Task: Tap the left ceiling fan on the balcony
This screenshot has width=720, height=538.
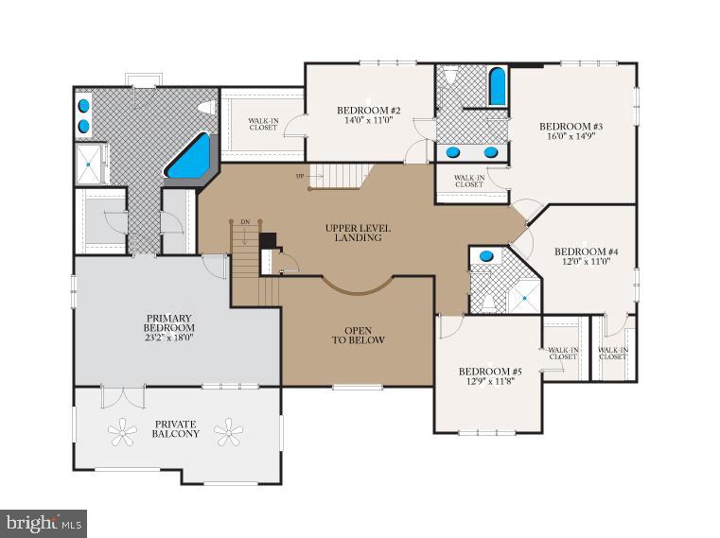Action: click(122, 433)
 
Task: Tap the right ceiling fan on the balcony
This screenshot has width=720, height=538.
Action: click(228, 433)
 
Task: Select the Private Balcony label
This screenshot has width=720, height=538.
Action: click(176, 428)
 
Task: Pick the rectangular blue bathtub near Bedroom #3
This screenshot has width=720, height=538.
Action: click(497, 86)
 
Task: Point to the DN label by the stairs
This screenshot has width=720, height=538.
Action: click(245, 221)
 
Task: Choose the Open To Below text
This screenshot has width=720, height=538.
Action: click(358, 335)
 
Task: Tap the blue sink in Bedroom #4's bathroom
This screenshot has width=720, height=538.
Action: click(485, 255)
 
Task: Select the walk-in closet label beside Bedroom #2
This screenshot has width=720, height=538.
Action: click(263, 124)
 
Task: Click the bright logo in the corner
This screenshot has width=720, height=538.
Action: click(32, 522)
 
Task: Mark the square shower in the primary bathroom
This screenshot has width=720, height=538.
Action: click(90, 163)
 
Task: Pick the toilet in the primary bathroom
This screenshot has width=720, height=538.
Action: click(203, 110)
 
